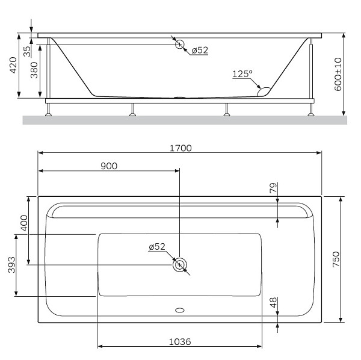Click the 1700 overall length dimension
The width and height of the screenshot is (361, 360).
click(x=180, y=147)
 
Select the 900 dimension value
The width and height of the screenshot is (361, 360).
click(x=108, y=166)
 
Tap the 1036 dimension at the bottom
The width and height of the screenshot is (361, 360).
click(x=180, y=341)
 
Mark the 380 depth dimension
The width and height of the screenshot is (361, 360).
click(x=34, y=72)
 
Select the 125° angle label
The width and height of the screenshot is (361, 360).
click(x=242, y=73)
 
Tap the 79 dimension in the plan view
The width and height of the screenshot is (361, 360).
click(x=273, y=188)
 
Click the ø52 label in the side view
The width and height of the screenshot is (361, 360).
click(x=200, y=50)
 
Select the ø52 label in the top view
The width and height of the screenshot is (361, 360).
click(x=156, y=247)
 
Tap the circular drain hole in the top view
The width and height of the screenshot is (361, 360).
click(x=179, y=265)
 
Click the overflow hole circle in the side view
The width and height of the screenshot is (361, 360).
click(x=179, y=43)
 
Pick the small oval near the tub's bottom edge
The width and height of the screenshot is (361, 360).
click(x=179, y=311)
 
